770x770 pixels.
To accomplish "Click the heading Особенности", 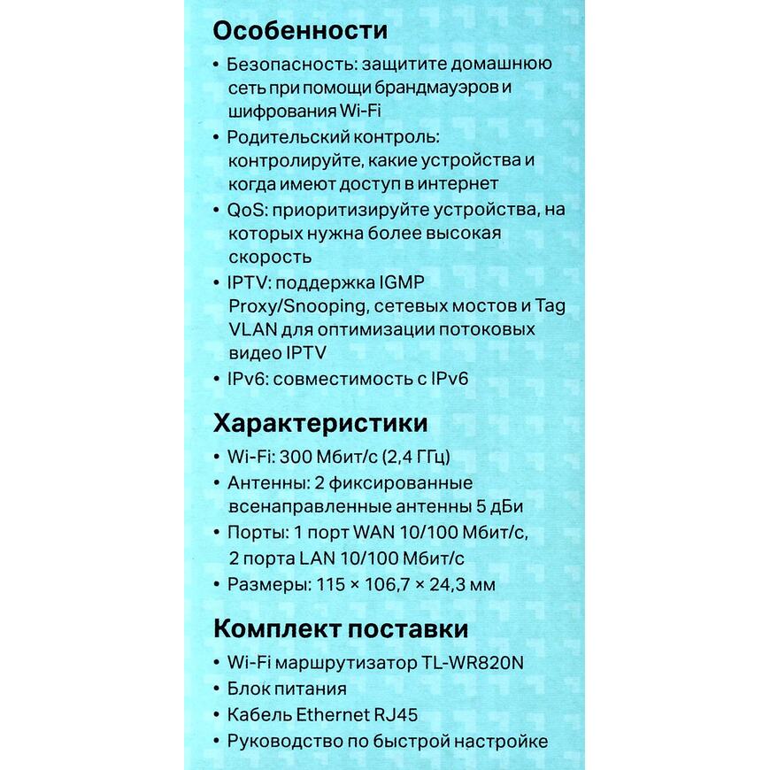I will [x=300, y=30].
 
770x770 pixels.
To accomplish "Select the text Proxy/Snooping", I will [x=294, y=306].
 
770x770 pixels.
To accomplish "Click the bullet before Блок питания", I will [x=218, y=689].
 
